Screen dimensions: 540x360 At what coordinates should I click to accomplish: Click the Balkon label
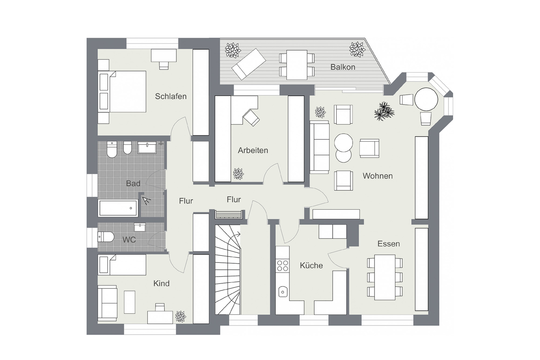pyautogui.click(x=343, y=67)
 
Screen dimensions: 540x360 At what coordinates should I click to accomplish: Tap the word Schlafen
pyautogui.click(x=171, y=96)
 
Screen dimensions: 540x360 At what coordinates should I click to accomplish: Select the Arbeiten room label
pyautogui.click(x=253, y=150)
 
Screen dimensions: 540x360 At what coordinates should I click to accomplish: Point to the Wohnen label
pyautogui.click(x=378, y=176)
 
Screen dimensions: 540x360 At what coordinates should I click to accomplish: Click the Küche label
pyautogui.click(x=311, y=265)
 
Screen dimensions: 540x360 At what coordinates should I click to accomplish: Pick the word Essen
pyautogui.click(x=389, y=244)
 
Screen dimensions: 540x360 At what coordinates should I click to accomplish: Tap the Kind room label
pyautogui.click(x=161, y=284)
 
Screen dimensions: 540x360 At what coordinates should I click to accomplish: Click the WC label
pyautogui.click(x=129, y=240)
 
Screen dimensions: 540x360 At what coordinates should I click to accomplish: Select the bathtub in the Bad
pyautogui.click(x=118, y=208)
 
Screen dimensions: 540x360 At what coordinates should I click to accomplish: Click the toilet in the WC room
pyautogui.click(x=105, y=237)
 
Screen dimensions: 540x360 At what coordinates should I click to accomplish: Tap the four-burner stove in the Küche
pyautogui.click(x=283, y=265)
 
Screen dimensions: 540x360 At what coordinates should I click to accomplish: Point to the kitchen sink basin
pyautogui.click(x=283, y=292)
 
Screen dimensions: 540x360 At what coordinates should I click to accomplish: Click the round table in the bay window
pyautogui.click(x=426, y=99)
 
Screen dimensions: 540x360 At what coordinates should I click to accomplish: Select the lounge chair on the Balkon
pyautogui.click(x=248, y=64)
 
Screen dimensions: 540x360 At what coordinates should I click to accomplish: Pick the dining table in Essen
pyautogui.click(x=385, y=277)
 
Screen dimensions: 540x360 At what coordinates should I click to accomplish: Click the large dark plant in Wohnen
pyautogui.click(x=384, y=111)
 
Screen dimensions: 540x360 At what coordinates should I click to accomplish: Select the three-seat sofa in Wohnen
pyautogui.click(x=319, y=147)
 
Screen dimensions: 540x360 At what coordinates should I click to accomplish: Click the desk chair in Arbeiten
pyautogui.click(x=251, y=118)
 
